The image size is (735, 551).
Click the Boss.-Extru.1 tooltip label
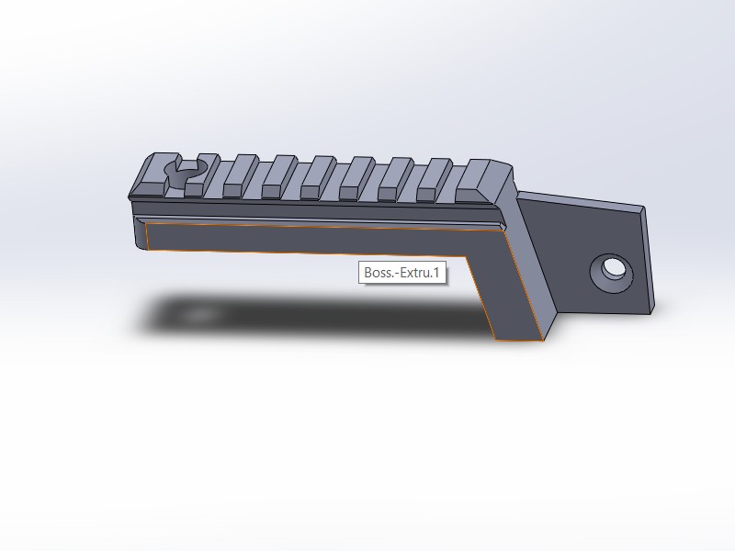(x=402, y=272)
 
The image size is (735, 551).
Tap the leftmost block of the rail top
(x=154, y=175)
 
